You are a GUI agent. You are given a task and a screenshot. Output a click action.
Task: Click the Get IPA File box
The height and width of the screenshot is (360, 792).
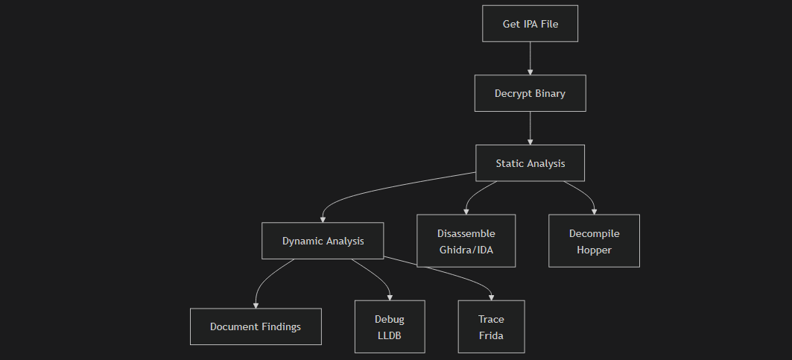[x=530, y=24]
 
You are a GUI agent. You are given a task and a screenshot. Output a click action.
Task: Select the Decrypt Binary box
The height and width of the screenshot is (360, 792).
[x=530, y=94]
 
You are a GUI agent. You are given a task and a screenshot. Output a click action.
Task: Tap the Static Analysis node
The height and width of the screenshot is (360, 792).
[x=530, y=163]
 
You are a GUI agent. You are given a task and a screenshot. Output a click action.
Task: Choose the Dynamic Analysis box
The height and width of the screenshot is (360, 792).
[x=323, y=241]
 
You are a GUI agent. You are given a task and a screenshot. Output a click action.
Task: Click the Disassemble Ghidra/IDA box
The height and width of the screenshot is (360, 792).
[x=466, y=241]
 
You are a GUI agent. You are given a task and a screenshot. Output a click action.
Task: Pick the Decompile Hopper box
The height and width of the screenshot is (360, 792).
[x=594, y=241]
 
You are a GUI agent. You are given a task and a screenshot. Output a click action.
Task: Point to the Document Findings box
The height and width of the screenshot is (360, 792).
[x=256, y=326]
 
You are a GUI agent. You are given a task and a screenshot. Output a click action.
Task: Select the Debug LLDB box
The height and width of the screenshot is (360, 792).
[x=390, y=326]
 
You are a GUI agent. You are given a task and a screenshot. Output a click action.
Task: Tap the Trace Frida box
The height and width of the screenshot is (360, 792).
[x=491, y=326]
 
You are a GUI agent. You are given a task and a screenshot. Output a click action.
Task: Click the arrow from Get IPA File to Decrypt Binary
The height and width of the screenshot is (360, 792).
[x=530, y=58]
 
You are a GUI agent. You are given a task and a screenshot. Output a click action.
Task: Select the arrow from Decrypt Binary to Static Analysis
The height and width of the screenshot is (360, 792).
[x=530, y=127]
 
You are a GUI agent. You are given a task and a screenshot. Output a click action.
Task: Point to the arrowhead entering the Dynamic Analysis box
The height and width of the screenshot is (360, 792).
[x=323, y=219]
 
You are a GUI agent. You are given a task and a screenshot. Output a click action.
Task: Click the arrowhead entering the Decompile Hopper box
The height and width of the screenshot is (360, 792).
[x=594, y=211]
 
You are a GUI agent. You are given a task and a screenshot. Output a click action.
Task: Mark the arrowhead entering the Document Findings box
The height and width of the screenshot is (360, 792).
[x=256, y=304]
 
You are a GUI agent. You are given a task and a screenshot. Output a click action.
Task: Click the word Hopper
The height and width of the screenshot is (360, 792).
[x=594, y=250]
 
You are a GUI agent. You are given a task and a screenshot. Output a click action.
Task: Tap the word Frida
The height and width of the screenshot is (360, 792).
[x=491, y=335]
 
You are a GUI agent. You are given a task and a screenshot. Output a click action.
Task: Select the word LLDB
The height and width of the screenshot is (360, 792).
[x=390, y=335]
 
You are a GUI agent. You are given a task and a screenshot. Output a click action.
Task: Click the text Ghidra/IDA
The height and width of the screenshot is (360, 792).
[x=466, y=250]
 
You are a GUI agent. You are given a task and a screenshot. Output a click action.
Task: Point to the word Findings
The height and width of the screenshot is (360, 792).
[x=277, y=326]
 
